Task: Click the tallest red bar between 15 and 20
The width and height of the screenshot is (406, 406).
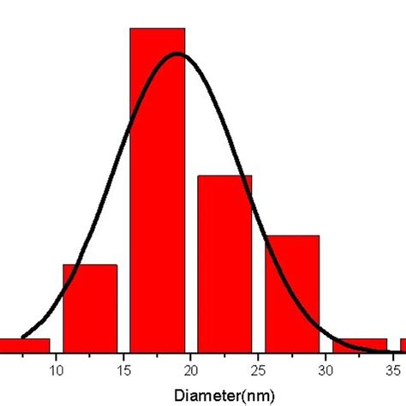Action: [x=157, y=188]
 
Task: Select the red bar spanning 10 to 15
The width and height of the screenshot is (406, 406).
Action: [x=90, y=308]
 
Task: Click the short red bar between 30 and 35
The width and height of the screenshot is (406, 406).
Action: [x=359, y=346]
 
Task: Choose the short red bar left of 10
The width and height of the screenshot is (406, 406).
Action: [x=24, y=346]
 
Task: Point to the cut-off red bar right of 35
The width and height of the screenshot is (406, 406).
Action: [x=403, y=346]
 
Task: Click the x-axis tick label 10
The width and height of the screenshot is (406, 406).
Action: [x=57, y=370]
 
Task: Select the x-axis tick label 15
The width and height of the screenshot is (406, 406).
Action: [x=123, y=370]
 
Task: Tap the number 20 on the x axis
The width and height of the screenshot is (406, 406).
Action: [x=191, y=370]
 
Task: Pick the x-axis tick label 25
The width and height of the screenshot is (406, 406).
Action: [x=259, y=370]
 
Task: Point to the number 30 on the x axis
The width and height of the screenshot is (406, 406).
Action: [x=325, y=370]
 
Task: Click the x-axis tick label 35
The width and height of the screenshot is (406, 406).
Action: [x=393, y=370]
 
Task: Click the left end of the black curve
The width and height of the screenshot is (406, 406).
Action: [x=22, y=337]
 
